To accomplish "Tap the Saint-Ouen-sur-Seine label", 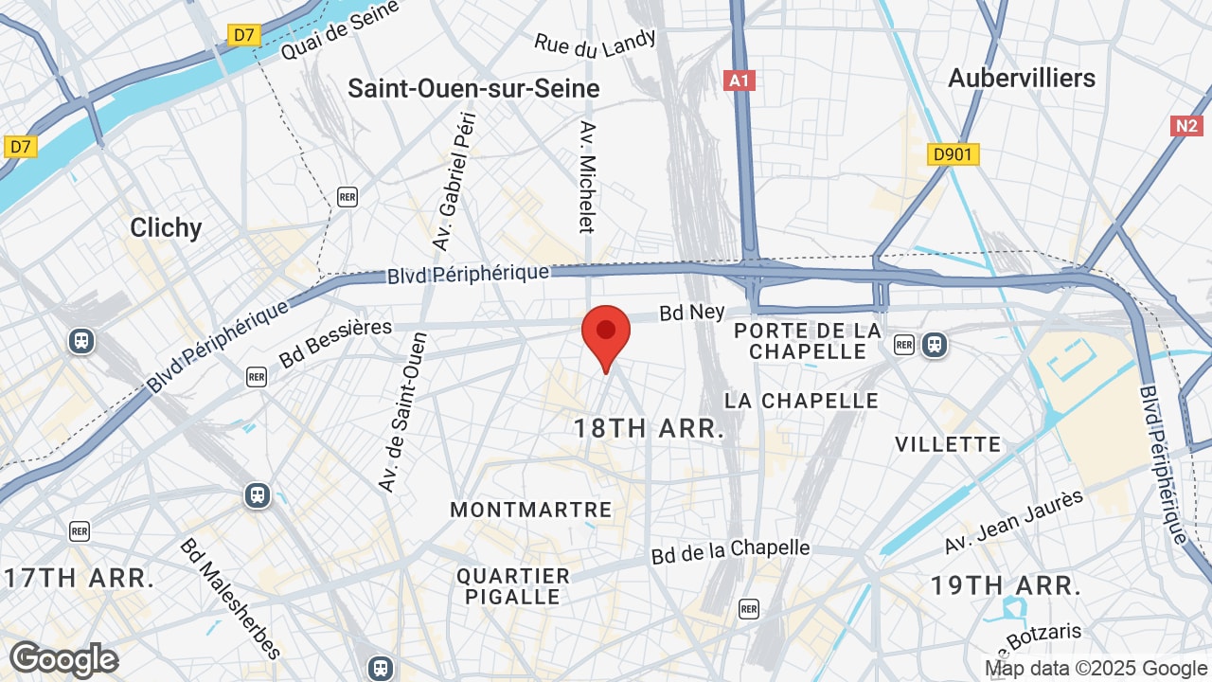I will tap(473, 89).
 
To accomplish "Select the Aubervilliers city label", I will tap(1022, 78).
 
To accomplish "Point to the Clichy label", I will tap(166, 227).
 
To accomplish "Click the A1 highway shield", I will tap(740, 81).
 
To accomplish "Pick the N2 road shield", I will tap(1186, 126).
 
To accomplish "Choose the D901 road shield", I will tap(953, 153).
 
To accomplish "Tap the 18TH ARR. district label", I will tap(649, 428).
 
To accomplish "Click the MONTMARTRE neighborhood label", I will tap(531, 510).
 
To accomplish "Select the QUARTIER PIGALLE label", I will tap(513, 586).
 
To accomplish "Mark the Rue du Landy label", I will tap(596, 43).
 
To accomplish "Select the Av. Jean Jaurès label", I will tap(1013, 523).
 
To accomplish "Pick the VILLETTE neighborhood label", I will tap(948, 444).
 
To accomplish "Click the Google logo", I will tap(63, 659).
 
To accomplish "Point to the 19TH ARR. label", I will tap(1005, 585).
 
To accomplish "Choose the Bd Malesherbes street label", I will tap(231, 599).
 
